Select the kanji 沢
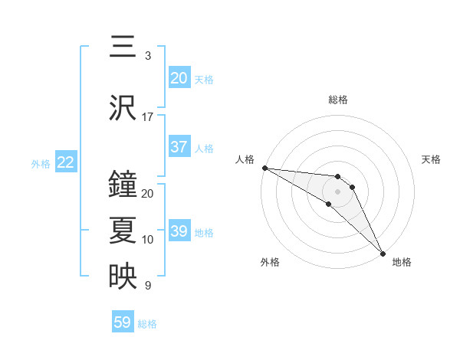pyautogui.click(x=123, y=109)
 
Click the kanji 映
pyautogui.click(x=123, y=277)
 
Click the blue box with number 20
pyautogui.click(x=179, y=78)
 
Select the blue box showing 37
pyautogui.click(x=179, y=147)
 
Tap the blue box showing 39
pyautogui.click(x=179, y=231)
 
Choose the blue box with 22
pyautogui.click(x=66, y=162)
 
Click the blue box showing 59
pyautogui.click(x=123, y=322)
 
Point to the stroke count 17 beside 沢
pyautogui.click(x=147, y=117)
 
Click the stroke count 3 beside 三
pyautogui.click(x=147, y=56)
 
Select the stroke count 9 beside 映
pyautogui.click(x=147, y=286)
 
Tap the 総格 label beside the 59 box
pyautogui.click(x=147, y=324)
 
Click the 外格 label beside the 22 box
pyautogui.click(x=41, y=163)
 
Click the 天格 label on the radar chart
pyautogui.click(x=431, y=159)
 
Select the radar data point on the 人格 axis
pyautogui.click(x=264, y=168)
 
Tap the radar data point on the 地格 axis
pyautogui.click(x=383, y=253)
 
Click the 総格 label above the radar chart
pyautogui.click(x=338, y=100)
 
